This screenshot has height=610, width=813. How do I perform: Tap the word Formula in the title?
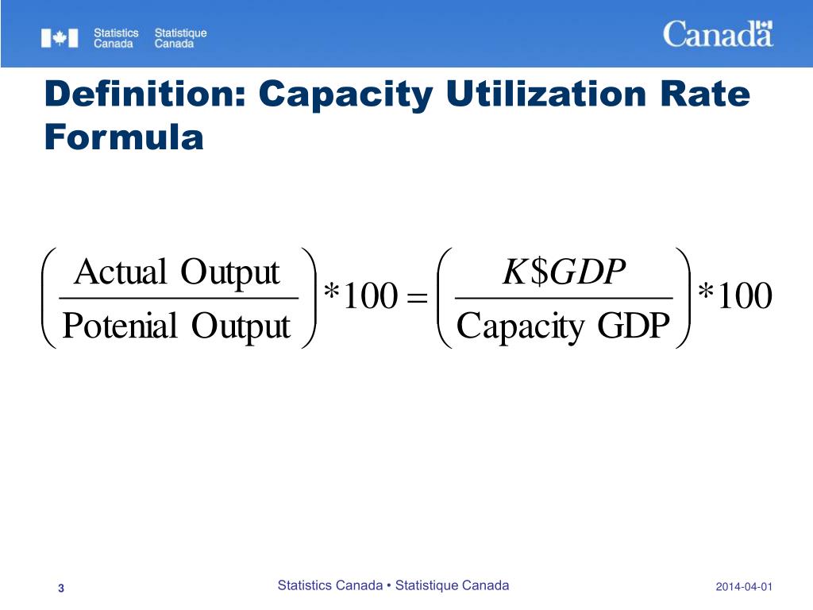[125, 137]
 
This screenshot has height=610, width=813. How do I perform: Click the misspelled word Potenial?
[119, 326]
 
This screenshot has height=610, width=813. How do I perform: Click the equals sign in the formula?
[415, 299]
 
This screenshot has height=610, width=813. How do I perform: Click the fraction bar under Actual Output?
[179, 299]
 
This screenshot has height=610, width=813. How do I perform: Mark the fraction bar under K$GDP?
[563, 299]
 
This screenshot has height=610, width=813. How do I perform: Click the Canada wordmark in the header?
[718, 34]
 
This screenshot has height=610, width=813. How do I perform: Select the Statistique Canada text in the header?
[180, 38]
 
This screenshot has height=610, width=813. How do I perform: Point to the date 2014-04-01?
[744, 587]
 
